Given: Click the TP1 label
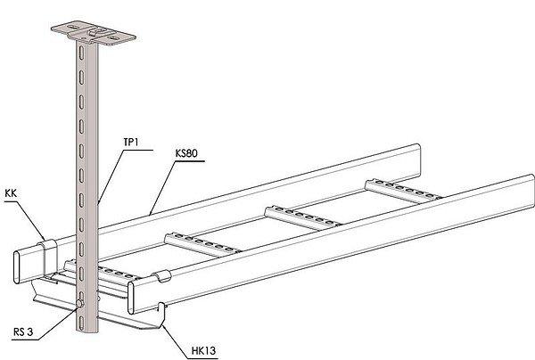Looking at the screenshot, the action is [x=131, y=142].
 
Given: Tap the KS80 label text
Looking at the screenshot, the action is [x=186, y=153].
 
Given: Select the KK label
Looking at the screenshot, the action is [x=11, y=193].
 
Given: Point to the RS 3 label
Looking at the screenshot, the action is [x=23, y=331].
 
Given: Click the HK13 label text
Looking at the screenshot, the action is [x=203, y=351].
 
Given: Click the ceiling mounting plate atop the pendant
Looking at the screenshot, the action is [x=94, y=34].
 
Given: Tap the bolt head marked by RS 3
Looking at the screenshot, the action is [x=80, y=303].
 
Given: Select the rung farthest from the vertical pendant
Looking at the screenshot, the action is [x=403, y=190].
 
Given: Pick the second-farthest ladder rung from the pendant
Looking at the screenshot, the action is [x=302, y=217].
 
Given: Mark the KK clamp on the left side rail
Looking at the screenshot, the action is [x=48, y=257].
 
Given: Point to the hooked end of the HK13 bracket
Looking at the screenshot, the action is [x=161, y=308].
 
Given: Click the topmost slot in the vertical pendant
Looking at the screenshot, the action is [x=81, y=52].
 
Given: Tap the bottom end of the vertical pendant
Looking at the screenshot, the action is [x=86, y=331].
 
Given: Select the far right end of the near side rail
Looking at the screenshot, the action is [x=532, y=191].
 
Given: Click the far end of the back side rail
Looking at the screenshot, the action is [x=418, y=160].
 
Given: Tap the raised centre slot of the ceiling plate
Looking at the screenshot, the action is [x=98, y=32].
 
